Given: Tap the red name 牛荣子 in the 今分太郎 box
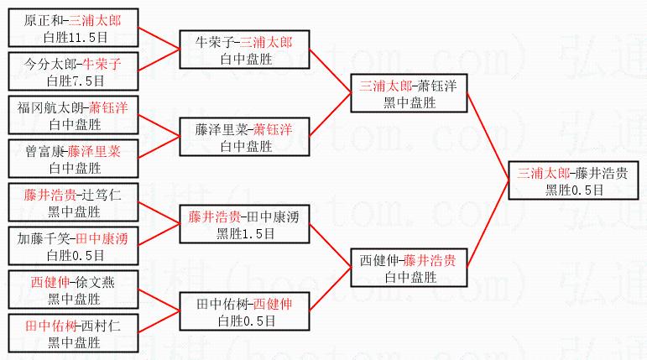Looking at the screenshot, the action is click(103, 64).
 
